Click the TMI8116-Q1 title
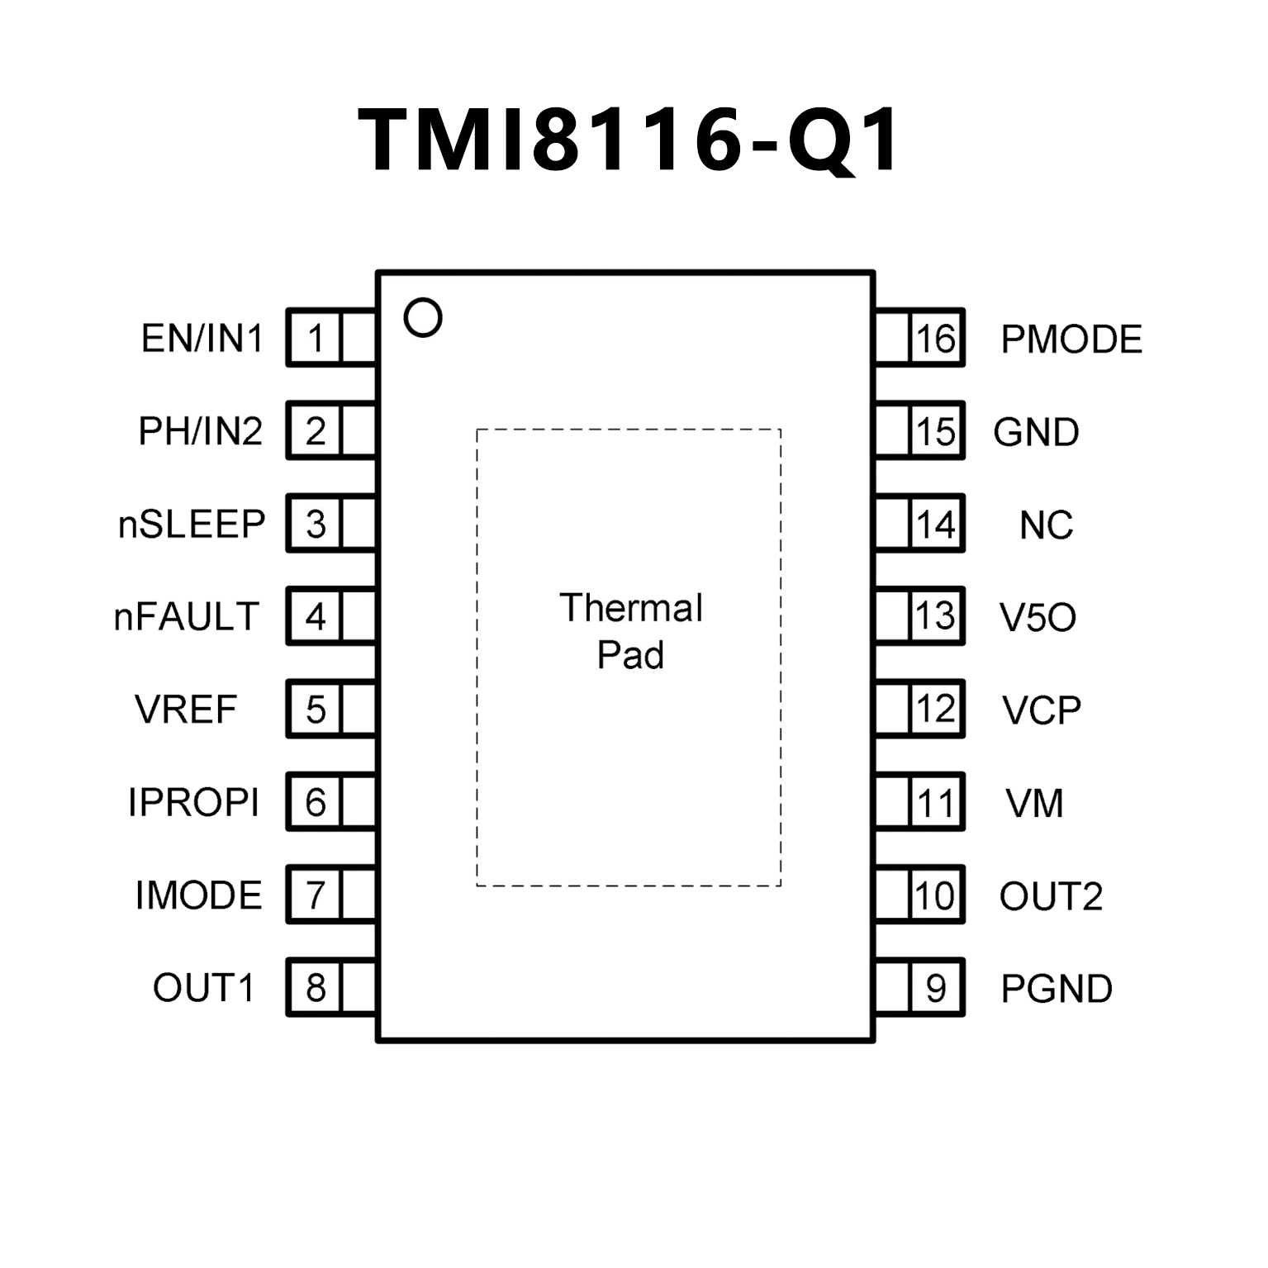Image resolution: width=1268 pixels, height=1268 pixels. [x=629, y=140]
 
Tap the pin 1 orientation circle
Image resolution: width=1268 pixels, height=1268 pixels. [x=423, y=317]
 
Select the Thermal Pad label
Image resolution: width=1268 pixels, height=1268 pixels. [x=631, y=631]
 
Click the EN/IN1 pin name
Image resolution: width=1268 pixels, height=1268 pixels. [x=202, y=339]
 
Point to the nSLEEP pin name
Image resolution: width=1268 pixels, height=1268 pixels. [x=192, y=525]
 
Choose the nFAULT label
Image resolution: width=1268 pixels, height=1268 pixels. [x=187, y=617]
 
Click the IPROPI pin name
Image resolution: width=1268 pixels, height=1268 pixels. [x=193, y=802]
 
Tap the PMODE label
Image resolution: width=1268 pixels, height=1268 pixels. [x=1071, y=340]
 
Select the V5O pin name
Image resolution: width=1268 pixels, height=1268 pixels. [x=1038, y=617]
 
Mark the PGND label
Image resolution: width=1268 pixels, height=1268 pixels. [x=1057, y=989]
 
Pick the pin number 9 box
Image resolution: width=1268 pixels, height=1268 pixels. [x=936, y=988]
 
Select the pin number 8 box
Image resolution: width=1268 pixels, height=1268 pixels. [x=315, y=988]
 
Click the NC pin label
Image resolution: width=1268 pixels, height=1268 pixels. [x=1046, y=525]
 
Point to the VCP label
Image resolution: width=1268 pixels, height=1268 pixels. [x=1041, y=710]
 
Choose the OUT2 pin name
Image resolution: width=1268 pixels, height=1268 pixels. [x=1051, y=896]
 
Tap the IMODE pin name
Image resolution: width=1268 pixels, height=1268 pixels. [x=198, y=895]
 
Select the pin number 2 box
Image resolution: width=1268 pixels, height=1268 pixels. [x=315, y=431]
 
